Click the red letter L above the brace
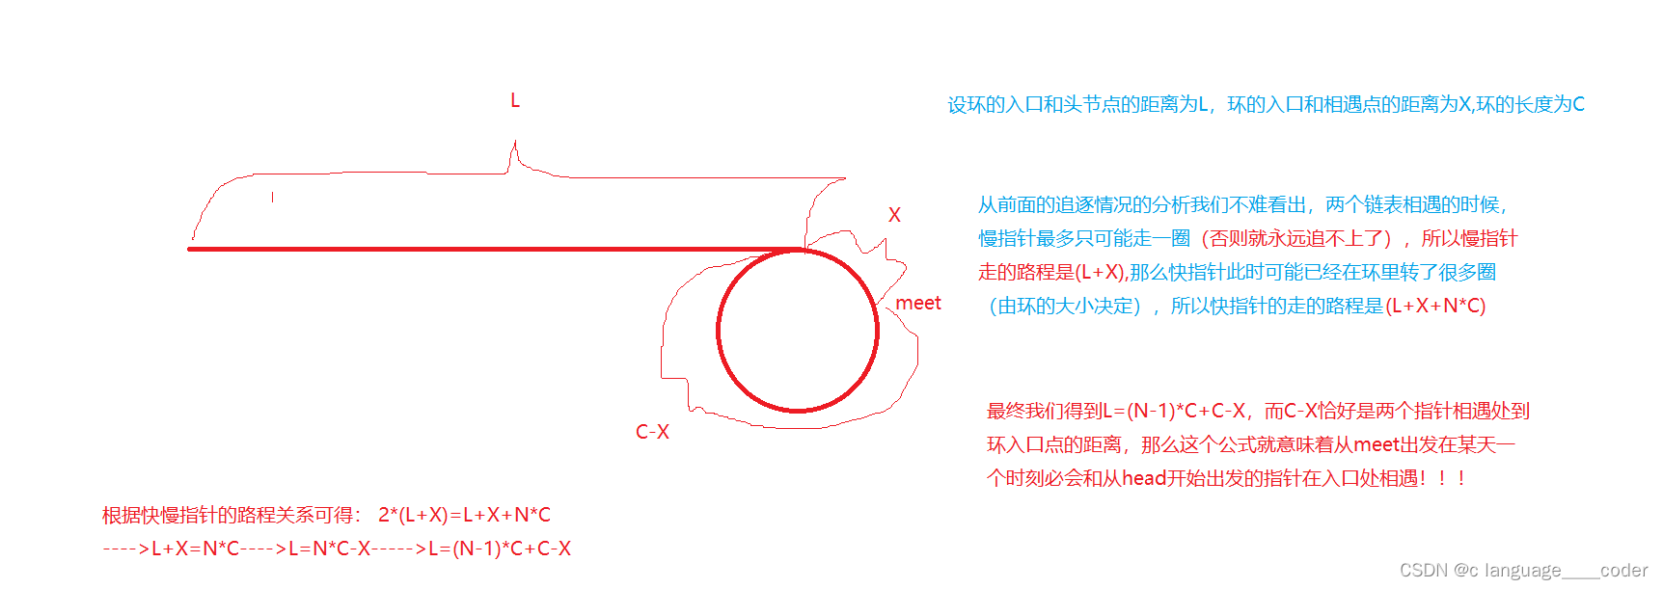[x=515, y=100]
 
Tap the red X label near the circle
[x=894, y=215]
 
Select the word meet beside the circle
[x=917, y=303]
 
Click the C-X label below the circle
[x=652, y=432]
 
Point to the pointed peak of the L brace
[x=515, y=145]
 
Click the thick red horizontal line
[x=482, y=249]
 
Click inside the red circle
[x=798, y=331]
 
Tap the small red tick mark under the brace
[x=273, y=197]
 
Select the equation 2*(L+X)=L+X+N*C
[x=464, y=515]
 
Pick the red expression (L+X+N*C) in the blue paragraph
[x=1435, y=306]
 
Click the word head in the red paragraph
[x=1144, y=478]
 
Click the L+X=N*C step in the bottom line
[x=195, y=549]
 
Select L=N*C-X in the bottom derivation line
[x=330, y=549]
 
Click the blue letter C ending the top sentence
[x=1578, y=104]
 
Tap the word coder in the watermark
[x=1623, y=570]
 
